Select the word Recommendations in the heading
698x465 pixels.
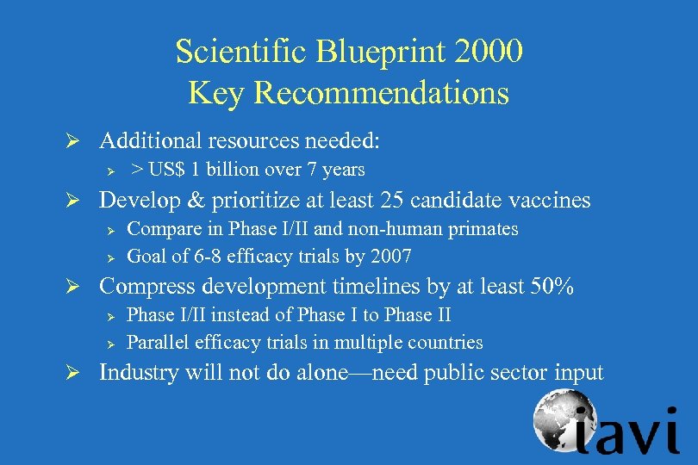tap(383, 93)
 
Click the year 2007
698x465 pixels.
tap(390, 256)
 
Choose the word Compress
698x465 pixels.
tap(144, 287)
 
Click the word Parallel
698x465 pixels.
tap(155, 342)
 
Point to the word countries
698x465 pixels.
tap(446, 342)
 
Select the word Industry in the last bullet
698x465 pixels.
tap(137, 373)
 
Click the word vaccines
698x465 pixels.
tap(549, 201)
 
